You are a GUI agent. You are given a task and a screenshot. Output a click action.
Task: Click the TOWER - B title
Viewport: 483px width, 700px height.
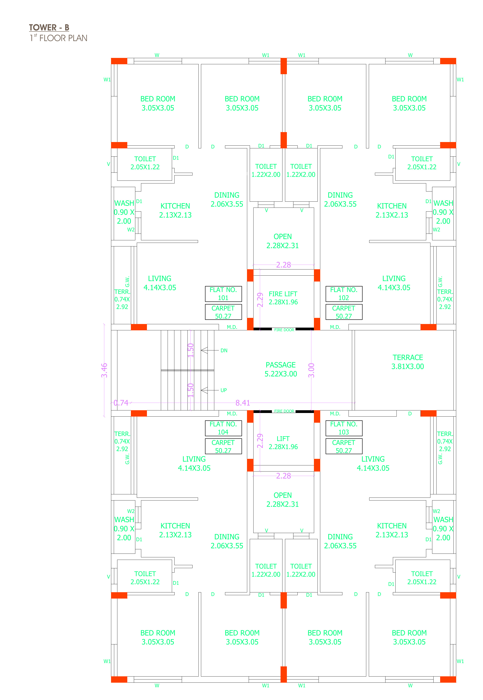pos(49,27)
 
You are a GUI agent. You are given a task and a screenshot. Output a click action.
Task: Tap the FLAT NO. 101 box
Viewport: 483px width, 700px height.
pos(223,294)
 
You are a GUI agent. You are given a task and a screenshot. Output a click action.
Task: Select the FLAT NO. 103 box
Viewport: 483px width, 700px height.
pos(344,428)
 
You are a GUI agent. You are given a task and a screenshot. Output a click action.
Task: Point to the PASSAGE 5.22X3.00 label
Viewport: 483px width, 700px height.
pos(281,369)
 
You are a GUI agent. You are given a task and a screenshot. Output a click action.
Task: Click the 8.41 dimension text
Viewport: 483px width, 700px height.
pos(243,403)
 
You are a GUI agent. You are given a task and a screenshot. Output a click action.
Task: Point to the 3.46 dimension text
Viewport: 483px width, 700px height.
pos(104,370)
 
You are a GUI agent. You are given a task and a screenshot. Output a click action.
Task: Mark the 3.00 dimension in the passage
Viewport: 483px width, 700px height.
pos(311,370)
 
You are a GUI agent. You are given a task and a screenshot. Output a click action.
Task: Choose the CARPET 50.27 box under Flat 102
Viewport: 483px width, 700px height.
pos(344,312)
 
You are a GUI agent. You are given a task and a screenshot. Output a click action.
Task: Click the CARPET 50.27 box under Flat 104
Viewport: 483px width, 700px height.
pos(223,446)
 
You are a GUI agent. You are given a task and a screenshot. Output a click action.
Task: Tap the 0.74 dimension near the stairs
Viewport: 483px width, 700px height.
pos(121,403)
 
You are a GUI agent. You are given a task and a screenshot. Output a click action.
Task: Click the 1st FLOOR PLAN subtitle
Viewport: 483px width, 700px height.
pos(58,38)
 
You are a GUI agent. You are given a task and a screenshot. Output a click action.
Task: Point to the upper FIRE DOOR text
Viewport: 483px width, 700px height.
pos(284,330)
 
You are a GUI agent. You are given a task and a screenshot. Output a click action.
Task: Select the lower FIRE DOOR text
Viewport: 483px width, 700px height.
pos(284,411)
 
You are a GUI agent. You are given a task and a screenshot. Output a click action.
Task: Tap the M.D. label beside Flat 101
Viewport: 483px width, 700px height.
pos(232,327)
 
